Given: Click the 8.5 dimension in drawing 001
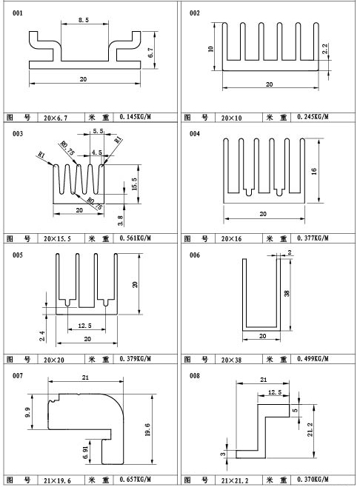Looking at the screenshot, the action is [83, 20].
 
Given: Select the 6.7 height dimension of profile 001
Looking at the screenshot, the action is [151, 53].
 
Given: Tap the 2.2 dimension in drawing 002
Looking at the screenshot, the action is [325, 49].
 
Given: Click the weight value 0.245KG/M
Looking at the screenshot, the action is [313, 117].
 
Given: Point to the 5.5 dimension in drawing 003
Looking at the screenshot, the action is [99, 131].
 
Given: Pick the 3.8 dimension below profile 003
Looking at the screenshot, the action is [121, 221].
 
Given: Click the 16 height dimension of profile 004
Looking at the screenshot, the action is [314, 171].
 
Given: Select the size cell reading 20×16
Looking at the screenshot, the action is [232, 238].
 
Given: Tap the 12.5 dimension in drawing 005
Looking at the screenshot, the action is [85, 326].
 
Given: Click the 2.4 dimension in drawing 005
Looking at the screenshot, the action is [42, 336].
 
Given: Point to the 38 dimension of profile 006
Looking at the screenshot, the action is [287, 293].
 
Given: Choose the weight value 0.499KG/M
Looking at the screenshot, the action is [313, 359].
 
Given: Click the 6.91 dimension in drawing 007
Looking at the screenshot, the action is [86, 454].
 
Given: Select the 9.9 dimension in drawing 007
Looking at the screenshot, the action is [27, 412].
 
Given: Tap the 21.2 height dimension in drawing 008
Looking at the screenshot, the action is [310, 429].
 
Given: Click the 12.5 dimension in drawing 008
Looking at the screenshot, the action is [275, 392].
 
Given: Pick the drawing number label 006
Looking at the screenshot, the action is [195, 255].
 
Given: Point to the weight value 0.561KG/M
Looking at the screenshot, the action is [136, 238].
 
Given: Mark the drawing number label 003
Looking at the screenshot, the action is [18, 134].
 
